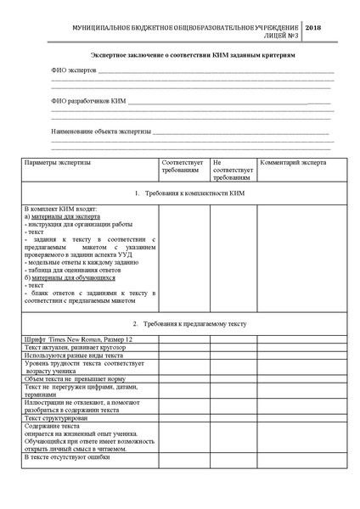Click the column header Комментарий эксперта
click(293, 161)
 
